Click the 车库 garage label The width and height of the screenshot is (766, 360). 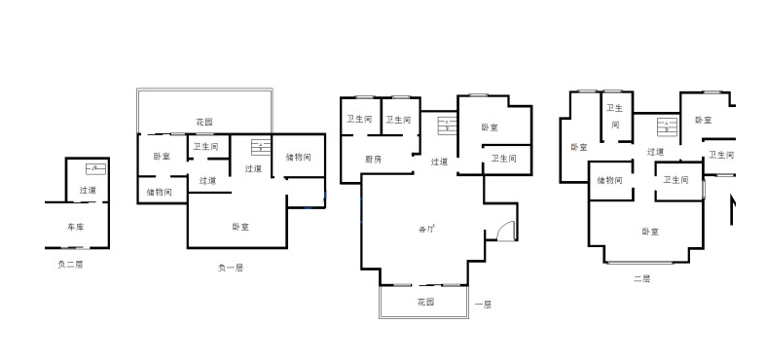coord(76,227)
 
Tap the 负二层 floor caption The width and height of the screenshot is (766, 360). coord(70,265)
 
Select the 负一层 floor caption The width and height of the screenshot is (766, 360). coord(230,268)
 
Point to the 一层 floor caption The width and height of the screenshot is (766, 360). coord(483,305)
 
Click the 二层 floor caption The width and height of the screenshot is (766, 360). coord(642,279)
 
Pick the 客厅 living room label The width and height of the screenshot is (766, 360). coord(426,229)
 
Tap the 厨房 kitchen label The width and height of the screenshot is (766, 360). coord(373,159)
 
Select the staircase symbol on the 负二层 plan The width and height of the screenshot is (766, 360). coord(96,169)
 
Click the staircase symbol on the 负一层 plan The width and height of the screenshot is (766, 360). coord(261,147)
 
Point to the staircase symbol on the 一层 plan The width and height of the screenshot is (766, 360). coord(447,126)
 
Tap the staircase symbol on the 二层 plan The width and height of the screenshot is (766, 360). coord(666,126)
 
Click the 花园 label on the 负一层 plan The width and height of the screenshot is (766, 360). coord(204,123)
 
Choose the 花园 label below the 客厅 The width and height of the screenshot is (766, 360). coord(425,302)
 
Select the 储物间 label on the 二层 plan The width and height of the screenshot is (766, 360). coord(609,181)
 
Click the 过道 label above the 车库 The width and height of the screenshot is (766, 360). coord(88,191)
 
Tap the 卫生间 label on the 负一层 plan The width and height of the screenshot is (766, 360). coord(205,147)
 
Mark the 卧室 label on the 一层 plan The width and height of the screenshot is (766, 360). coord(490,127)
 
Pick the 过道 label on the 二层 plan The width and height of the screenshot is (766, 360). coord(655,152)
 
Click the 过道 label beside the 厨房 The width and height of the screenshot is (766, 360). coord(439,162)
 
